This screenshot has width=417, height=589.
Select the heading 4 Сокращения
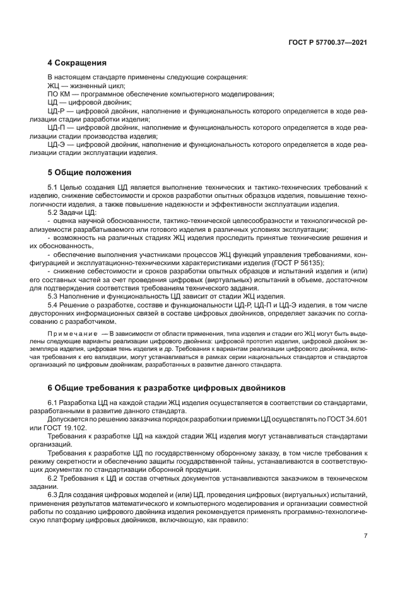pyautogui.click(x=76, y=62)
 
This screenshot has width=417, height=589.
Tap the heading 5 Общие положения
pyautogui.click(x=89, y=171)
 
